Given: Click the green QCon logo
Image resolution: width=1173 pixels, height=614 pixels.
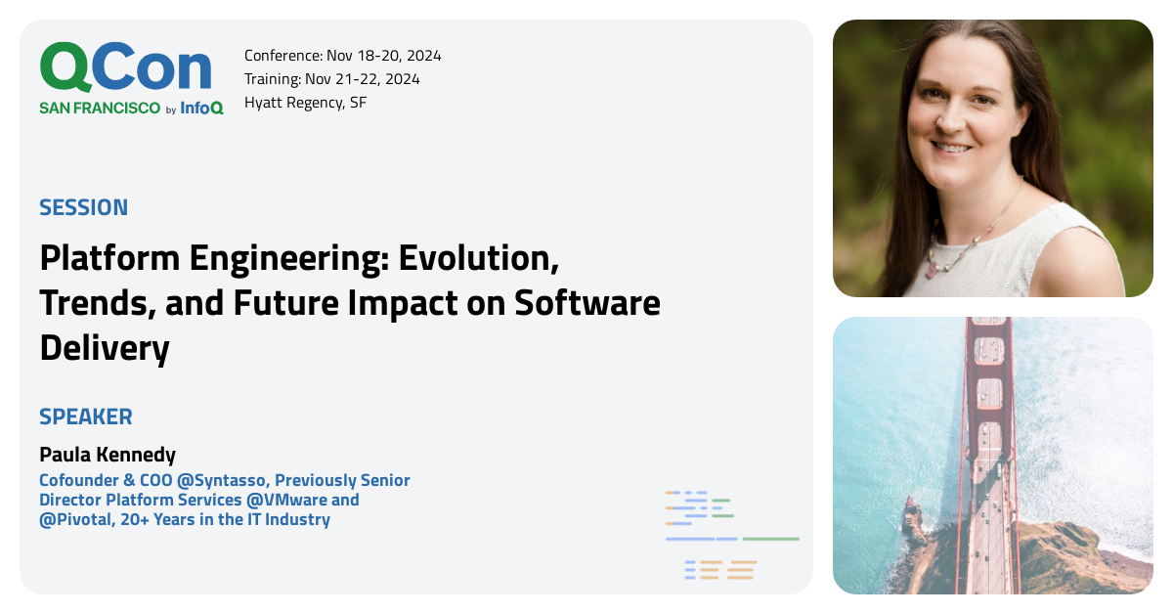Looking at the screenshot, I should click(125, 68).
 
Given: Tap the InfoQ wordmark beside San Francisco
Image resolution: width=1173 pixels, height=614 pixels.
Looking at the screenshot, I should click(201, 109).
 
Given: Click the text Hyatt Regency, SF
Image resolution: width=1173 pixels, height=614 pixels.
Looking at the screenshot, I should click(305, 103).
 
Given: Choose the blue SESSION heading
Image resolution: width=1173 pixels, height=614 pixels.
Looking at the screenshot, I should click(84, 207).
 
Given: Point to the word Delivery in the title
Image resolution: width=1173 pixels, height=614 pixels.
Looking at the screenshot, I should click(105, 348).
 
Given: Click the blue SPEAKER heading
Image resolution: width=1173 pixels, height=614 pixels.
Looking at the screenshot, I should click(86, 417).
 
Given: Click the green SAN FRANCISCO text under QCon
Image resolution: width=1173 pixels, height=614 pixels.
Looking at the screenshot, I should click(100, 109).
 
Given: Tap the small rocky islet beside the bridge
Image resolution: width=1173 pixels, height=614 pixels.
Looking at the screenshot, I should click(913, 519).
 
